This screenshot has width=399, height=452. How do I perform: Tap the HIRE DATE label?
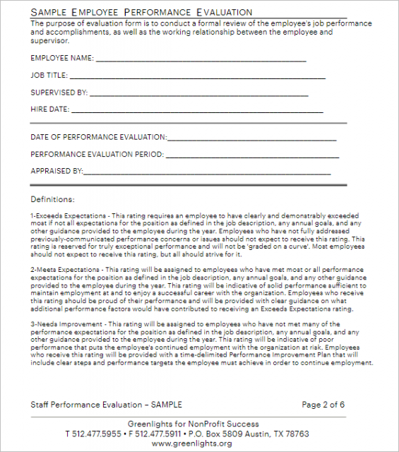pos(49,109)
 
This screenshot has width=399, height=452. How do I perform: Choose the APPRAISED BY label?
pos(56,171)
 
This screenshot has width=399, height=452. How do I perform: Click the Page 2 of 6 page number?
pos(323,405)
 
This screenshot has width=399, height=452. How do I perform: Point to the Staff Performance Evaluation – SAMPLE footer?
pos(106,405)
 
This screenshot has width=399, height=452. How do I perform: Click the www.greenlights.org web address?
pos(191,444)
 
